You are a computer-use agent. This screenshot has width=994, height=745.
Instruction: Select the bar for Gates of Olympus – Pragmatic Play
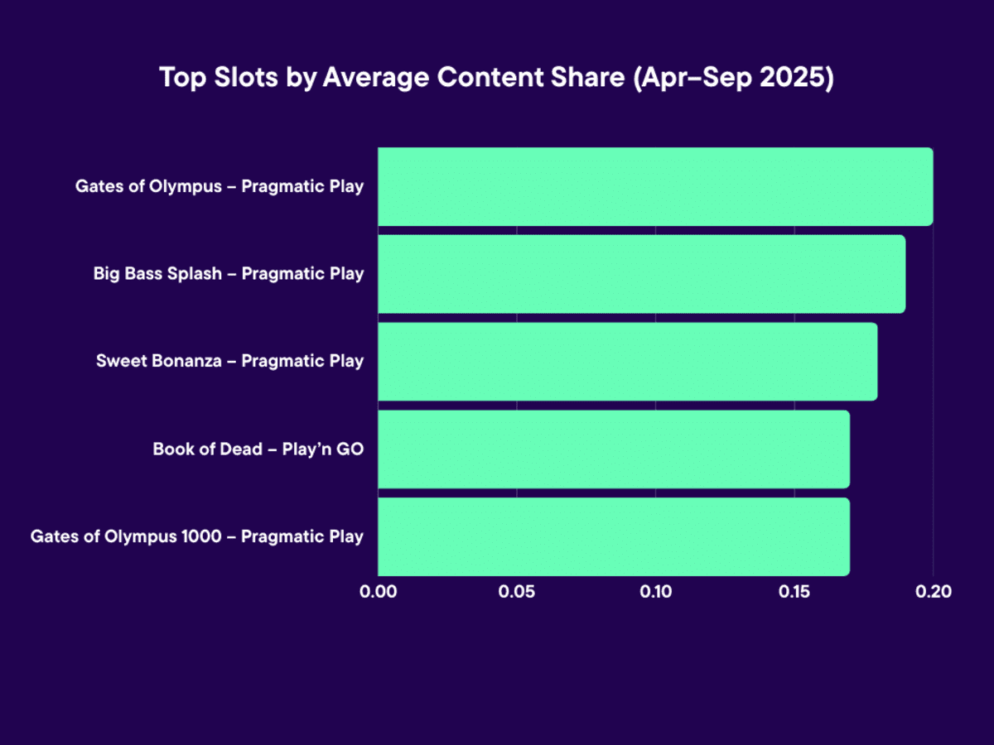(x=655, y=186)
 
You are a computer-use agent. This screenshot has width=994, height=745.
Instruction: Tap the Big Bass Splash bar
(x=641, y=274)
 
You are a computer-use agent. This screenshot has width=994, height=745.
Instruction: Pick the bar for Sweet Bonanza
(x=627, y=362)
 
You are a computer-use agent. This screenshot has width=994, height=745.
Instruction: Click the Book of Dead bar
(x=614, y=449)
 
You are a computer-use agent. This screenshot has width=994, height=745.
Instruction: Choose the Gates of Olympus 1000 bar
(x=614, y=536)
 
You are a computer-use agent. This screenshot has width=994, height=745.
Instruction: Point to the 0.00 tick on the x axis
(x=379, y=593)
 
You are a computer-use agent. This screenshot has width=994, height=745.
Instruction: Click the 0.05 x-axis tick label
(x=517, y=593)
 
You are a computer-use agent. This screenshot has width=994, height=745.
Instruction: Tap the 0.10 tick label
(x=655, y=593)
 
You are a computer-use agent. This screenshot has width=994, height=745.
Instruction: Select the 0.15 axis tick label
(x=794, y=593)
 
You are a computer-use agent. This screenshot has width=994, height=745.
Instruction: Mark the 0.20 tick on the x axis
(x=933, y=593)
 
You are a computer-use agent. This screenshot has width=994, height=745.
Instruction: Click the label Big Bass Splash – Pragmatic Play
(x=229, y=274)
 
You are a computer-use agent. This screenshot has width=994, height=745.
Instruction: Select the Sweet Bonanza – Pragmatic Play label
(x=230, y=362)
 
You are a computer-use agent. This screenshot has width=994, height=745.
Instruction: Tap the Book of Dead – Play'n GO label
(x=258, y=449)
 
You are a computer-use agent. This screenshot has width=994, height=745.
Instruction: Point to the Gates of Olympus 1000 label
(x=197, y=536)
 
